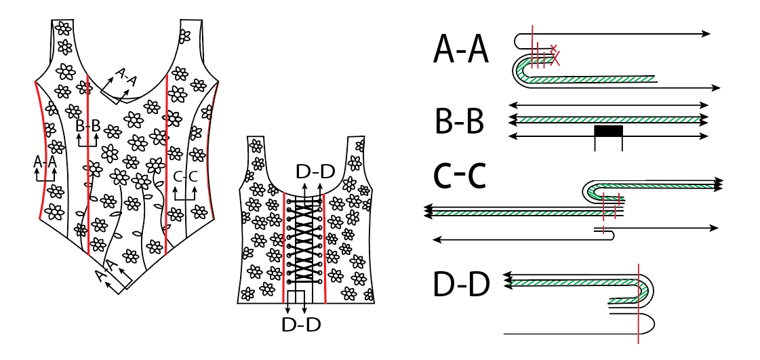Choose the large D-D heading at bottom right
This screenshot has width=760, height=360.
coord(460,285)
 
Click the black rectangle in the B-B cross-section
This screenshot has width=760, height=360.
coord(608,131)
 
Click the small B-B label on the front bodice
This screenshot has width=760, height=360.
coord(88,125)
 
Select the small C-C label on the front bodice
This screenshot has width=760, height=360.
coord(185,178)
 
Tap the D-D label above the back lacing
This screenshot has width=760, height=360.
coord(315,172)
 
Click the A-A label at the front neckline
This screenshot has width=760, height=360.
coord(126,77)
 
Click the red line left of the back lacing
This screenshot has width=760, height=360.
coord(283,244)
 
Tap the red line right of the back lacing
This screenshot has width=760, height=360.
coord(326,244)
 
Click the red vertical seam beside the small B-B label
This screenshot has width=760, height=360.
coord(89,169)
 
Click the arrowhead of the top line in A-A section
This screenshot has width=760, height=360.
coord(707,33)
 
